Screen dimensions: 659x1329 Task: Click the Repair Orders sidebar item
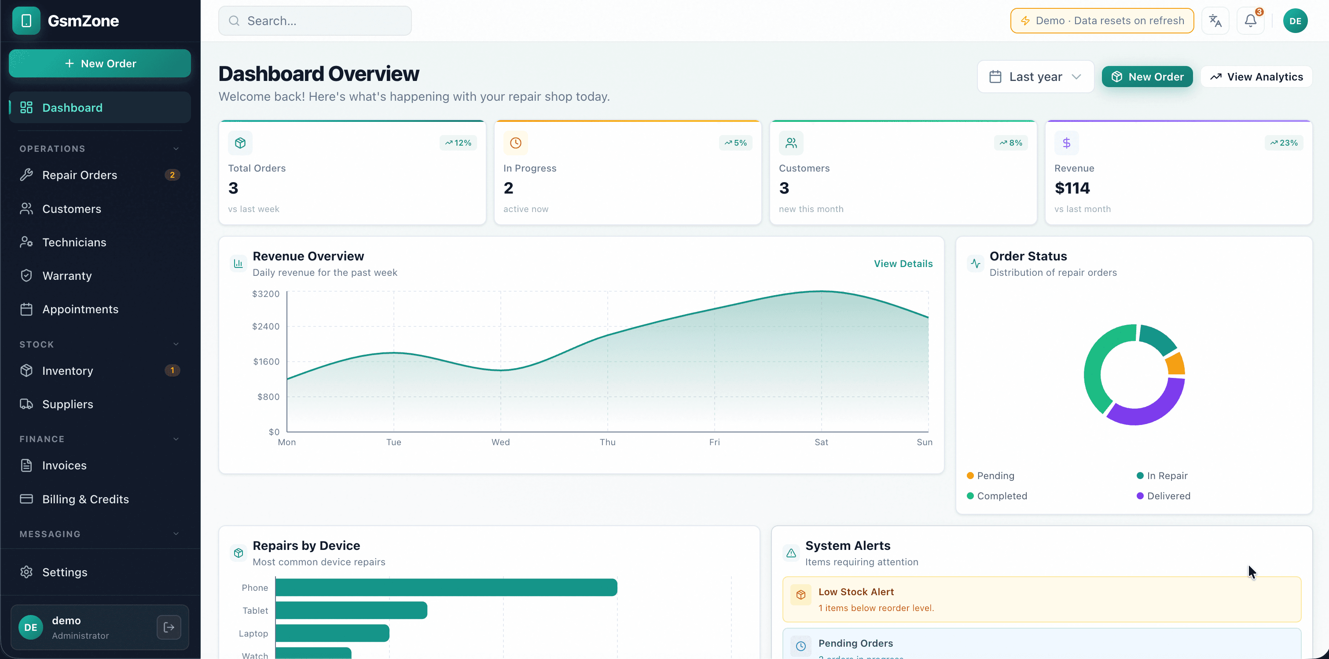coord(80,176)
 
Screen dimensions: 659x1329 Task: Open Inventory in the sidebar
coord(68,371)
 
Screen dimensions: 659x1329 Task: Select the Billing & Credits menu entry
coord(85,499)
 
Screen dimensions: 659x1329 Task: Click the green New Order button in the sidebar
coord(99,63)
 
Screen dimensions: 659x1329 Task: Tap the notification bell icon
coord(1250,21)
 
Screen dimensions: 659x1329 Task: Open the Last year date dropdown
coord(1035,77)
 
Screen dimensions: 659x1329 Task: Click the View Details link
coord(903,264)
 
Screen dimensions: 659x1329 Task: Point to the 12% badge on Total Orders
coord(458,143)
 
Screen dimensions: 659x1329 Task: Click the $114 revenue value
coord(1072,188)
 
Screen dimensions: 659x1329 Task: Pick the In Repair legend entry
coord(1167,476)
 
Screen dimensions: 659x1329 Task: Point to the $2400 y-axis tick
coord(266,326)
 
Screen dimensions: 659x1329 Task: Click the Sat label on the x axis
coord(821,442)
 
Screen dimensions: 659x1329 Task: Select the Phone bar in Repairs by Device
coord(446,587)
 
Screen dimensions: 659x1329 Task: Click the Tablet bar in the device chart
coord(351,610)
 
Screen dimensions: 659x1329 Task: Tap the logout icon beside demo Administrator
coord(169,627)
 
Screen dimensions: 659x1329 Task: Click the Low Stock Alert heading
coord(856,592)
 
